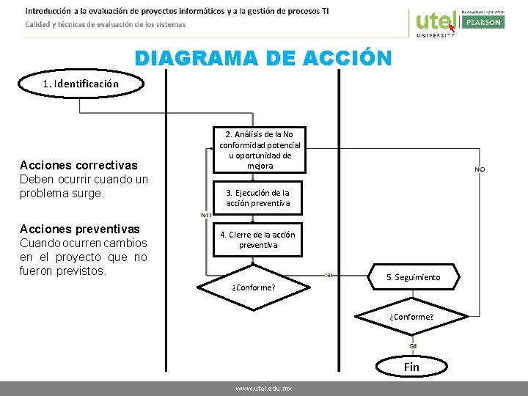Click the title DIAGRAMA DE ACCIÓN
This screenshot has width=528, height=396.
tap(263, 58)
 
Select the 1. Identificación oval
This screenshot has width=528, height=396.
tap(81, 84)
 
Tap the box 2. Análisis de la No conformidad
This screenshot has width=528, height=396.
tap(260, 150)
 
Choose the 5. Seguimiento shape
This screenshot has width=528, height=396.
tap(413, 277)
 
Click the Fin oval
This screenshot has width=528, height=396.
tap(411, 367)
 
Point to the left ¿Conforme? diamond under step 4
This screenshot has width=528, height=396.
tap(253, 287)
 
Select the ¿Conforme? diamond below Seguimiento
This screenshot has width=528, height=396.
tap(411, 317)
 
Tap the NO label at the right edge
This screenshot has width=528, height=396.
tap(480, 169)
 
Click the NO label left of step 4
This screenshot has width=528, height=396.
tap(207, 215)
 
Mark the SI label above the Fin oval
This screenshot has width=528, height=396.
tap(413, 345)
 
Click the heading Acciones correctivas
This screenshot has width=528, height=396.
tap(78, 165)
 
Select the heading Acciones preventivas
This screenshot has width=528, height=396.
tap(80, 229)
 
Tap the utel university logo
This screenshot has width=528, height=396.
tap(435, 23)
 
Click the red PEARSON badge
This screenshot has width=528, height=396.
tap(482, 22)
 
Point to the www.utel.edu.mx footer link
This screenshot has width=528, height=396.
tap(264, 389)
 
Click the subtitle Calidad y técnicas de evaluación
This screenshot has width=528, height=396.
tap(105, 24)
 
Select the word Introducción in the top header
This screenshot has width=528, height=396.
tap(48, 11)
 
